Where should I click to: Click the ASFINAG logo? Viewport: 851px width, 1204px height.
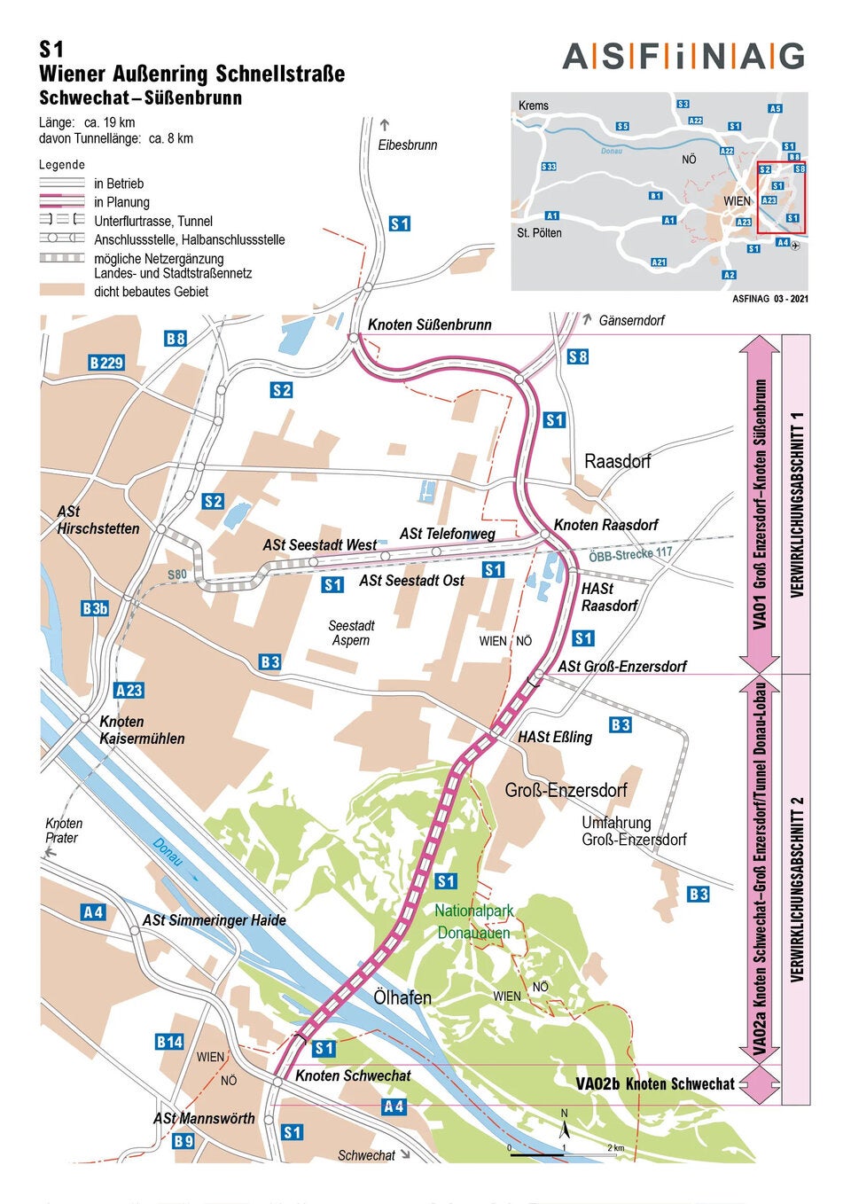pos(683,57)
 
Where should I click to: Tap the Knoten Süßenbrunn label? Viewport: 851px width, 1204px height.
pos(429,324)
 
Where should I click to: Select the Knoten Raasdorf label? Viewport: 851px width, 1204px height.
pos(605,525)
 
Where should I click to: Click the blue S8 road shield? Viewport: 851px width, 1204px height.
pos(578,356)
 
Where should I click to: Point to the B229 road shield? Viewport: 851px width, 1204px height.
pos(106,363)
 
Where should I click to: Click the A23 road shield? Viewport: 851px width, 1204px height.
pos(129,690)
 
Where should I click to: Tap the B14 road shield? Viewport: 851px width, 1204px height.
pos(169,1042)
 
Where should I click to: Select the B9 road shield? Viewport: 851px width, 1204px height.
pos(183,1141)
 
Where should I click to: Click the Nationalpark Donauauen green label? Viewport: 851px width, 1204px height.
pos(473,922)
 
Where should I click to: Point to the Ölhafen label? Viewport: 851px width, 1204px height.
pos(402,997)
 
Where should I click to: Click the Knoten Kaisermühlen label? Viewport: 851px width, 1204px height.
pos(142,730)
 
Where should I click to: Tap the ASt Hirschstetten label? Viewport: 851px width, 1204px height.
pos(98,520)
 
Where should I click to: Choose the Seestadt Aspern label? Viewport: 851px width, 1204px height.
pos(351,633)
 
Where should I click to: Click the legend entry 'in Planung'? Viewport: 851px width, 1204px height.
pos(121,202)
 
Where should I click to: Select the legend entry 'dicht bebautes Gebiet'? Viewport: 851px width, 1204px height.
pos(151,291)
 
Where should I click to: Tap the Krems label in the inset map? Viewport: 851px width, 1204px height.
pos(533,106)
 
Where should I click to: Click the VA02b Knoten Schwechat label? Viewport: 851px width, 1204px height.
pos(655,1083)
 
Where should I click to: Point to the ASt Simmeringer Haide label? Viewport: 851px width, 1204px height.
pos(214,920)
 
